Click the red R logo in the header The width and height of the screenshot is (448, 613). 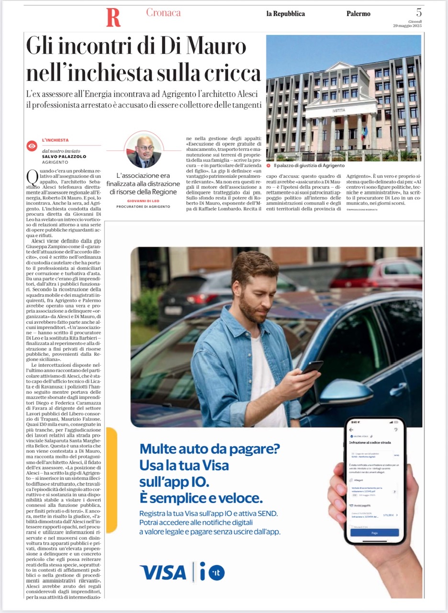113,18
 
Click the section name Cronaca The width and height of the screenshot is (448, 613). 163,13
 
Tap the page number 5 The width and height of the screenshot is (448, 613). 419,12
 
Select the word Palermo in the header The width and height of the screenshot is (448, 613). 358,14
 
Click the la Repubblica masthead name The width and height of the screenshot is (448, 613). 285,14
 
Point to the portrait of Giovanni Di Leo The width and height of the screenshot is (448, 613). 144,150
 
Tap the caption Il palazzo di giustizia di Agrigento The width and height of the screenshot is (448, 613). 309,165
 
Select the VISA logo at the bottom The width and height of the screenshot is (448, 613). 163,572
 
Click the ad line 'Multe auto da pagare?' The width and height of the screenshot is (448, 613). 210,449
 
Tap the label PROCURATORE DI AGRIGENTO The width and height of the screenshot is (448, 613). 144,206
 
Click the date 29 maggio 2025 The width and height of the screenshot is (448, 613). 407,25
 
